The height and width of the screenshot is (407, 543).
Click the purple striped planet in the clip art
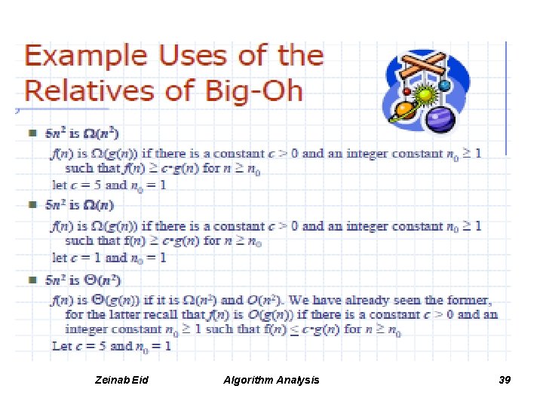tap(437, 119)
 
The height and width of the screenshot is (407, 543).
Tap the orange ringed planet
tap(404, 110)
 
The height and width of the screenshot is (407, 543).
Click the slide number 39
tap(505, 380)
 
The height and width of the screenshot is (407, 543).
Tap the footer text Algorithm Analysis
tap(271, 380)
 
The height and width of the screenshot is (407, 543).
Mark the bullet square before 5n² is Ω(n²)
tap(32, 133)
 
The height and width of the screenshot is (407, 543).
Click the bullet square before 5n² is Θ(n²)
tap(32, 280)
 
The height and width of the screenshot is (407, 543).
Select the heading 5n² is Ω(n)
tap(79, 205)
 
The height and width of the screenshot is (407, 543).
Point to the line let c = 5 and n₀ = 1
tap(109, 185)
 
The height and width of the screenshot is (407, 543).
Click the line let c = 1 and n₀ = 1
tap(109, 258)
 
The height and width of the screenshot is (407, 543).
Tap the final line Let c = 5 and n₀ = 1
tap(112, 346)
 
